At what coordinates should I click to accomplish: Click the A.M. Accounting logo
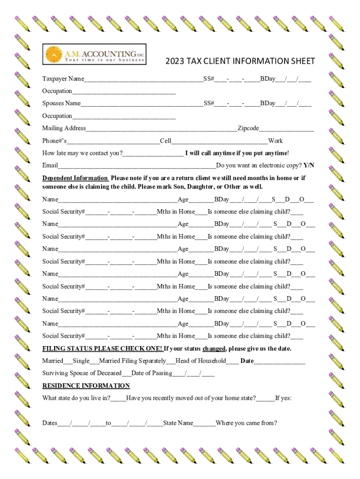[x=94, y=54]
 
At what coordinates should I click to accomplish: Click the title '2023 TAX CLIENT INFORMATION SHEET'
[x=240, y=61]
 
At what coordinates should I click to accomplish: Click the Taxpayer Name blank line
[x=144, y=79]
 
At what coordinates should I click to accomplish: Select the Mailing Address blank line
[x=162, y=129]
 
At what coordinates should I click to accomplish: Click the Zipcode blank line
[x=286, y=129]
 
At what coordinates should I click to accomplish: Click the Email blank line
[x=137, y=166]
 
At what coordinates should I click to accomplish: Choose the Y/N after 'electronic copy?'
[x=309, y=166]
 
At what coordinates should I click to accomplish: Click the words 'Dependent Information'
[x=75, y=178]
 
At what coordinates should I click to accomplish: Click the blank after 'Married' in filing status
[x=68, y=361]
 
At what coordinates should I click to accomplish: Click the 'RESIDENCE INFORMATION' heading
[x=86, y=386]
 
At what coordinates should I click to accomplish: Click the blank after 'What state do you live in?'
[x=118, y=399]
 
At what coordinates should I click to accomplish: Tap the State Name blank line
[x=204, y=423]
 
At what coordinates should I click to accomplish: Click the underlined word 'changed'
[x=215, y=349]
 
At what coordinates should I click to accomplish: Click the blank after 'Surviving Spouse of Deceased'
[x=126, y=373]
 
